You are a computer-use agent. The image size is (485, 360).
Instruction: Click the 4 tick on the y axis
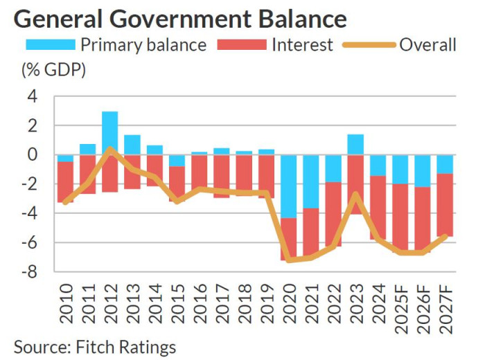31,97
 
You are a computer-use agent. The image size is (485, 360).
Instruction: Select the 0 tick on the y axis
31,155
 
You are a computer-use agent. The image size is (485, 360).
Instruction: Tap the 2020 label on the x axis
289,305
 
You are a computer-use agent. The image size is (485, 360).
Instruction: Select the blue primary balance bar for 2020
289,186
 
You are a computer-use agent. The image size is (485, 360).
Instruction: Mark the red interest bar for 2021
311,232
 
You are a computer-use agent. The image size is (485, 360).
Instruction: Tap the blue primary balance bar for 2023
355,144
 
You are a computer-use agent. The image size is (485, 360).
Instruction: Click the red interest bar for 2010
66,182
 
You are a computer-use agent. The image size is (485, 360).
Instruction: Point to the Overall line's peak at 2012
110,148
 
